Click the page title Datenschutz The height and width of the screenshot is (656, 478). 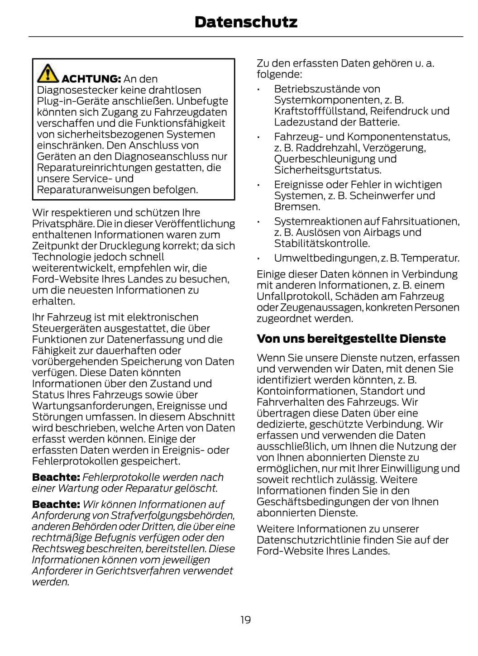(x=246, y=22)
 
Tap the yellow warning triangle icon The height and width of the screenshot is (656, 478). (x=48, y=73)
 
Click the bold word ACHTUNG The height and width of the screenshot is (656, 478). (x=91, y=79)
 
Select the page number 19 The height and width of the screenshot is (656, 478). (x=245, y=619)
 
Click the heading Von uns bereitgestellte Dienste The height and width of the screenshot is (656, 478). (x=351, y=339)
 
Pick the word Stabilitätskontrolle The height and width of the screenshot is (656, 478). (x=322, y=244)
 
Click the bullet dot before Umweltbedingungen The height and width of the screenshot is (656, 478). (x=258, y=259)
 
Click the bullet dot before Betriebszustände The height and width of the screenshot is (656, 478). (x=258, y=90)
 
